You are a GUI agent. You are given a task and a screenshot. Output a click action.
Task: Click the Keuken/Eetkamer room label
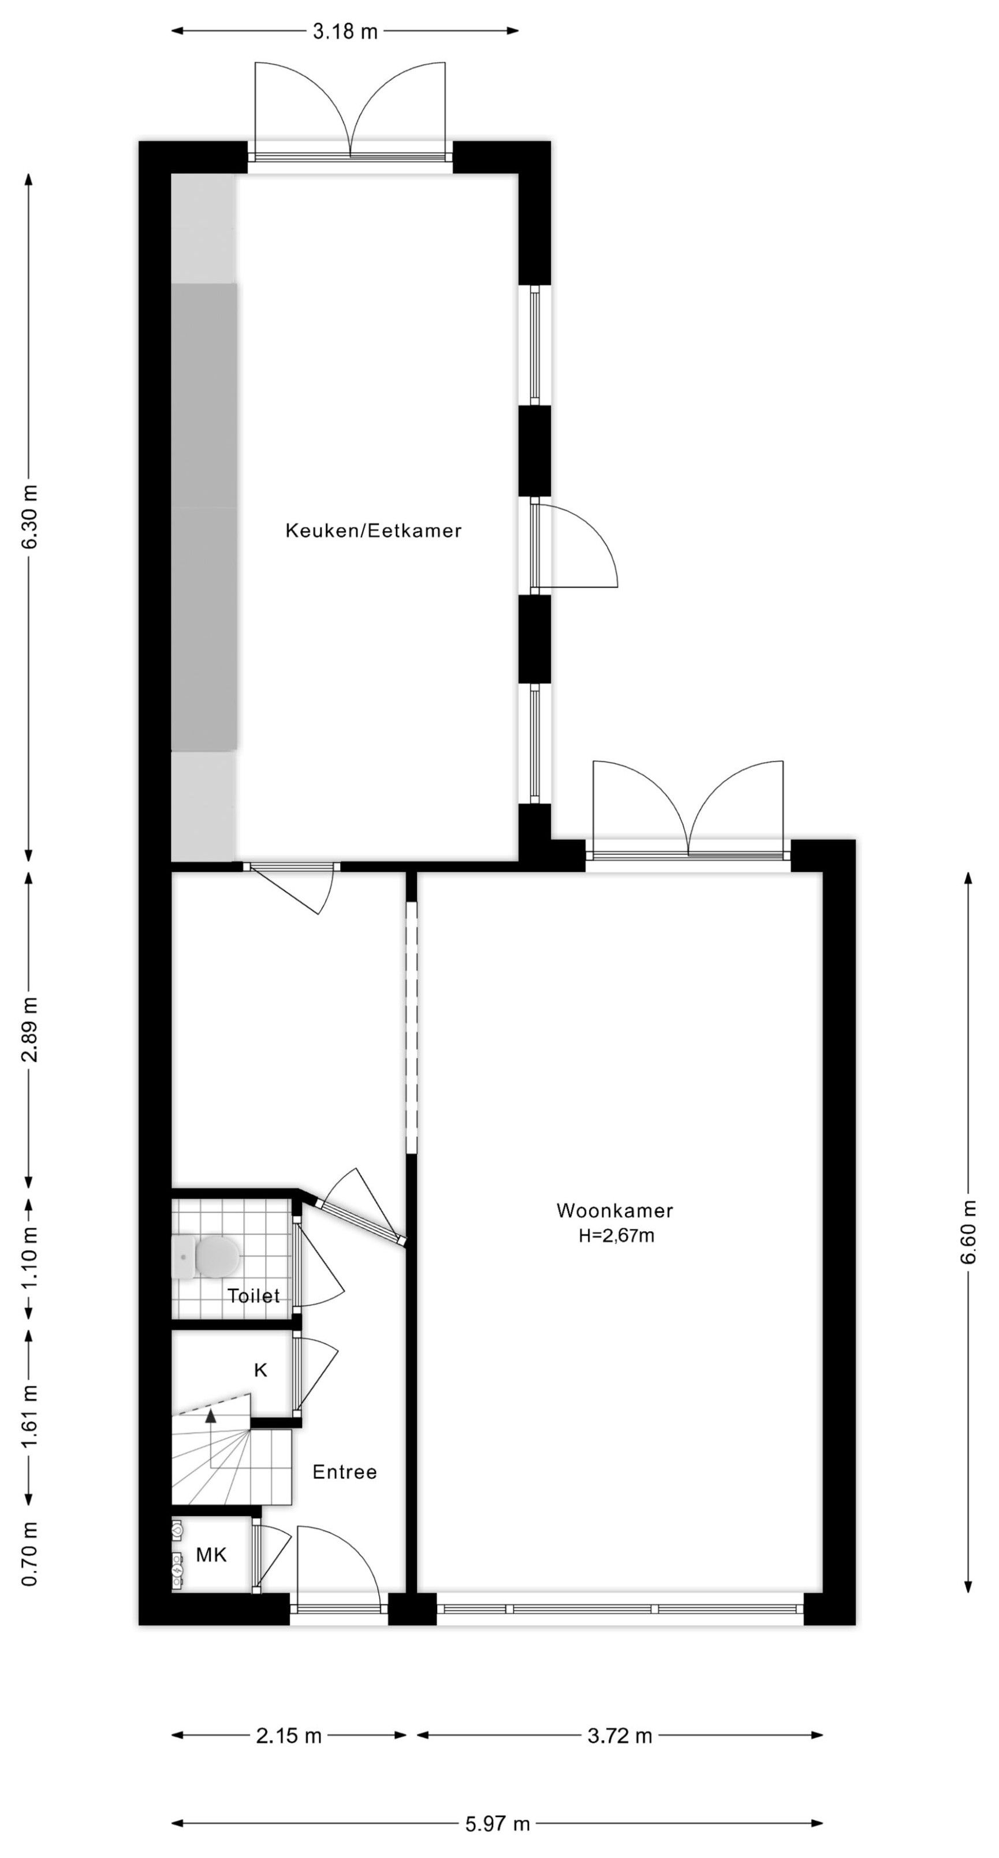click(374, 531)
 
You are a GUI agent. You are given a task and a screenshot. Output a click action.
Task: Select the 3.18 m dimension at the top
click(345, 32)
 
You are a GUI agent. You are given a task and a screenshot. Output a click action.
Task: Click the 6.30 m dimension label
click(29, 517)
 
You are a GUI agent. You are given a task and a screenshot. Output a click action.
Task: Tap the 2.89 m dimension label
click(29, 1030)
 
